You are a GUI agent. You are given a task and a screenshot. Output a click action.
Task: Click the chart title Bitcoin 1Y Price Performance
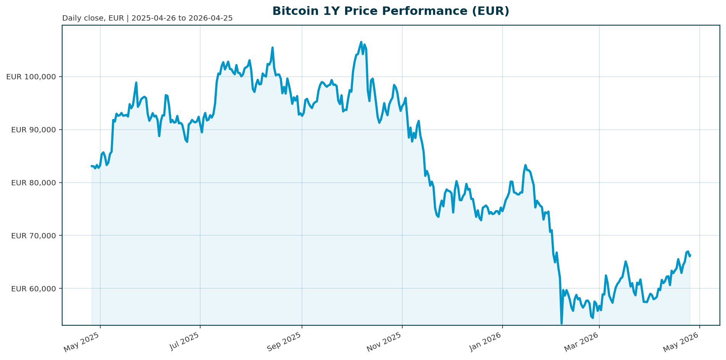pos(390,11)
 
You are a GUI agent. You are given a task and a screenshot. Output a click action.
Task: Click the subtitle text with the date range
pos(147,18)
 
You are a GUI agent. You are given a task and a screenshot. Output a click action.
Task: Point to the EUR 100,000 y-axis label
pos(31,77)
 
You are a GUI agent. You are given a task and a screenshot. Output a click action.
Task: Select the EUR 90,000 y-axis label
pos(34,130)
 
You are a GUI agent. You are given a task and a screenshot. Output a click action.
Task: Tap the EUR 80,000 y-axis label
pos(34,183)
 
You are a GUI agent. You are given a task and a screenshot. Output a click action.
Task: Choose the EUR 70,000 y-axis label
pos(34,236)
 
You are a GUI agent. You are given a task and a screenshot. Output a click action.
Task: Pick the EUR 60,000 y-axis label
pos(34,289)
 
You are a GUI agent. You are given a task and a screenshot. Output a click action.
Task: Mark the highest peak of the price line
pos(361,42)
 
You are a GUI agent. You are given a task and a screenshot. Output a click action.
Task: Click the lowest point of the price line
pos(561,323)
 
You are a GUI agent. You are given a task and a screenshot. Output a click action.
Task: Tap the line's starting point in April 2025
pos(92,166)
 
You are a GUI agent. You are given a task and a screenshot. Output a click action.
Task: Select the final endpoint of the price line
pos(690,255)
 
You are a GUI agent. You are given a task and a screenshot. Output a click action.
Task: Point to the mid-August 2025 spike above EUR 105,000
pos(272,48)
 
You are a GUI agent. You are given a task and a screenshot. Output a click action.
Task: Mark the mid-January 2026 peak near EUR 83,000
pos(525,165)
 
